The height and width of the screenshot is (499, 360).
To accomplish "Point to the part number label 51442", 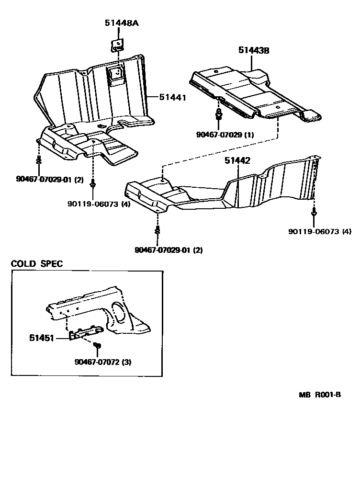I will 237,161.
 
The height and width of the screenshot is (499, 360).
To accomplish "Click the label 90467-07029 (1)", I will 225,135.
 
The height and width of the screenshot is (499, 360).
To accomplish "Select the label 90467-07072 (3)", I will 103,362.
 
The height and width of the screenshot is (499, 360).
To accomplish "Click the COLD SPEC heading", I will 37,264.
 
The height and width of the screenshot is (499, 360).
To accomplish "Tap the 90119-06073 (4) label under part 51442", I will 320,231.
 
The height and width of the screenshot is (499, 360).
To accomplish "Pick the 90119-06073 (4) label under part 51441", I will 99,203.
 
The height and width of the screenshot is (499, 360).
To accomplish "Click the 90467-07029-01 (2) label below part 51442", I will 169,249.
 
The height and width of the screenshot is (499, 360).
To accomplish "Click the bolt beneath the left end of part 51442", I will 157,231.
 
